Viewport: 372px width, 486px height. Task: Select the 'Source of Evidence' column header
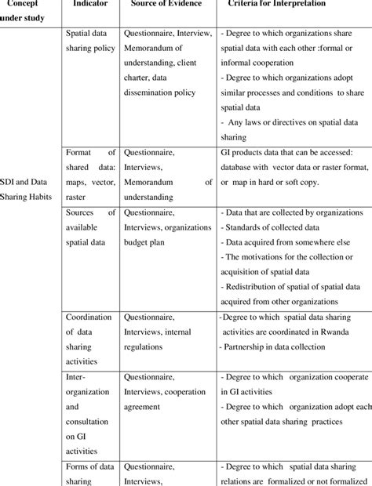click(166, 4)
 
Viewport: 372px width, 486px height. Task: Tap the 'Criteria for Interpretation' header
click(279, 4)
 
